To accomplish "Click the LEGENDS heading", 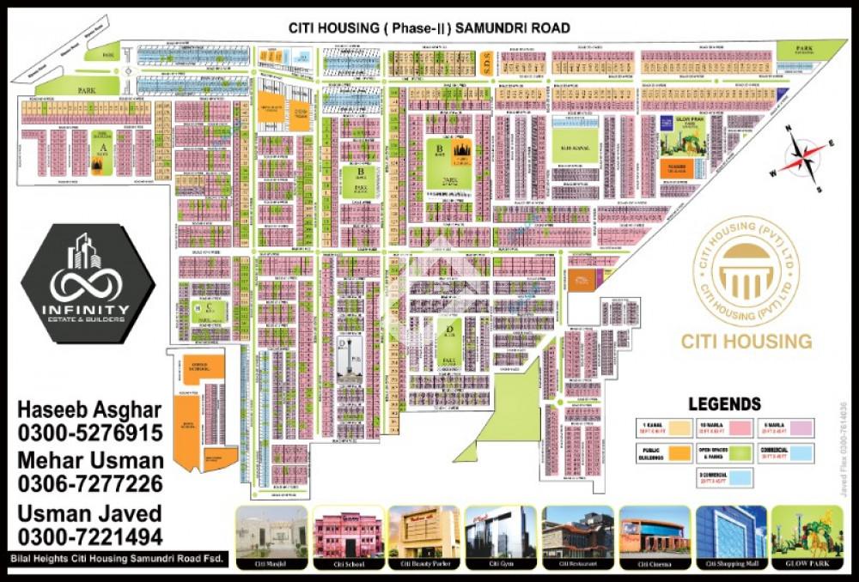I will (724, 403).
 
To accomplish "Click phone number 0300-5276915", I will (89, 432).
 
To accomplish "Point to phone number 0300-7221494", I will (89, 537).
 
